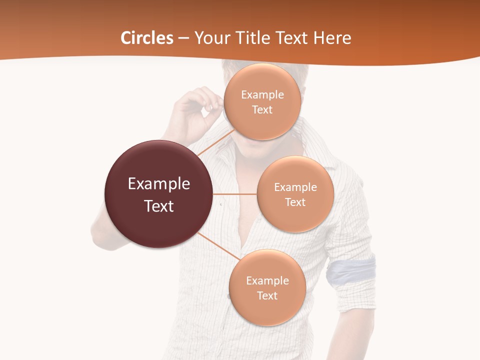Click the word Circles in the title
(x=147, y=38)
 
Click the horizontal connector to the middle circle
(x=235, y=194)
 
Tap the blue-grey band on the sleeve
(x=351, y=270)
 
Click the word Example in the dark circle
(x=159, y=184)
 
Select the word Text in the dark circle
(x=159, y=206)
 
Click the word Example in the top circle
(x=262, y=95)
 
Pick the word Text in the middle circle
(x=295, y=202)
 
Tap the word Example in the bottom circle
(x=267, y=281)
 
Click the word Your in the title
(x=210, y=38)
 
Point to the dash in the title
(x=183, y=38)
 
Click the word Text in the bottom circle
(x=267, y=296)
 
